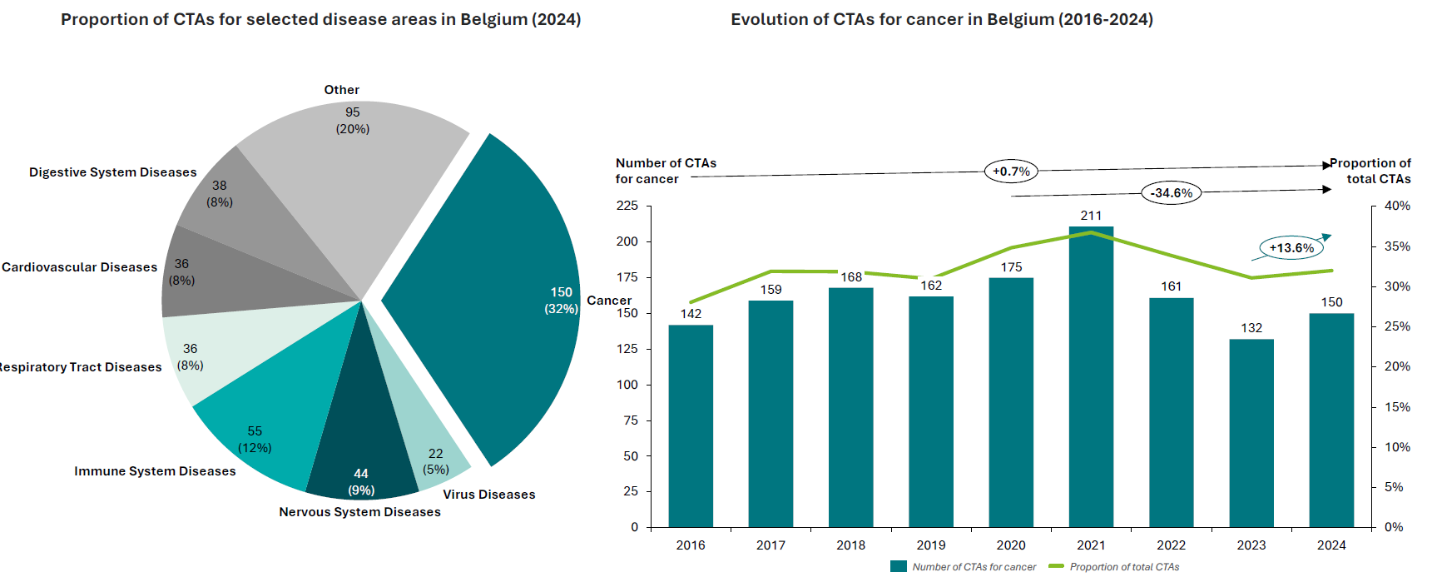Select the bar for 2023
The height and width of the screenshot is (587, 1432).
click(1251, 433)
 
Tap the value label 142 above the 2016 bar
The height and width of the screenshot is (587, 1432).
click(691, 314)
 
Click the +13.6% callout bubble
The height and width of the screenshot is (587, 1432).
click(1291, 247)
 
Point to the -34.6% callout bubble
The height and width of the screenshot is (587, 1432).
click(1171, 193)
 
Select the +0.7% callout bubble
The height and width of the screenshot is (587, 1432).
click(1011, 172)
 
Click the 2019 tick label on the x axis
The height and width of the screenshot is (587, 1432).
click(931, 545)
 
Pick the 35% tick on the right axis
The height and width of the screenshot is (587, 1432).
click(1397, 246)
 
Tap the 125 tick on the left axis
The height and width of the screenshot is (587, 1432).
click(627, 349)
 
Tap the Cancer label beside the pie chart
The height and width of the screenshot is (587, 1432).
click(609, 301)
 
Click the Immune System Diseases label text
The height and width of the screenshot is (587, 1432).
click(155, 471)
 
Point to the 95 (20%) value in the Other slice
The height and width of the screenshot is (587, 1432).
click(353, 121)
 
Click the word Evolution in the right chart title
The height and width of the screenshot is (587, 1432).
click(766, 19)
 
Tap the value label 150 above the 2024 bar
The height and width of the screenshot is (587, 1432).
click(1331, 302)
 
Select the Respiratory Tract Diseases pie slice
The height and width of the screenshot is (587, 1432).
click(225, 350)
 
